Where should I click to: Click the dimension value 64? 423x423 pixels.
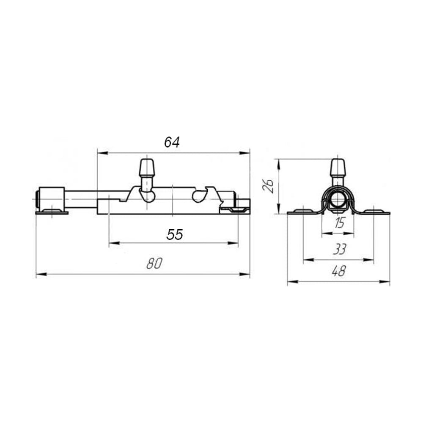[x=172, y=142]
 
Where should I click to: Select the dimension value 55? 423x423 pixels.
[x=175, y=234]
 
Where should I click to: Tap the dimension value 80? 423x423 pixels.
[x=154, y=264]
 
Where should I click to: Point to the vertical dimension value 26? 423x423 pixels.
[x=269, y=186]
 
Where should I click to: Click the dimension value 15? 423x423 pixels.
[x=339, y=223]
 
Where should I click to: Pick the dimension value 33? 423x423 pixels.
[x=339, y=249]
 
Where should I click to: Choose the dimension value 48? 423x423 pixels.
[x=338, y=271]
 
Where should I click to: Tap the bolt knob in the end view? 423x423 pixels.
[x=338, y=168]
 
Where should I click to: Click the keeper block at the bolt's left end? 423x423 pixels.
[x=52, y=199]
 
